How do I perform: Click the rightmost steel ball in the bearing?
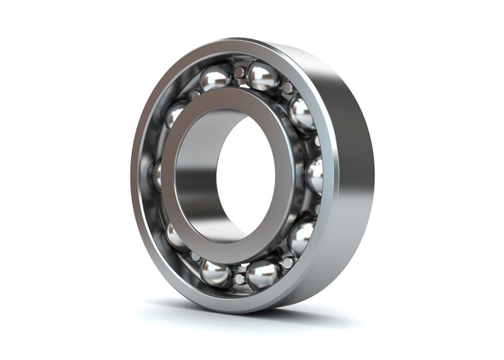pos(314,176)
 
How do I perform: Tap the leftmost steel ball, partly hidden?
pos(157,176)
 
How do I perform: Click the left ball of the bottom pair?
pos(216,272)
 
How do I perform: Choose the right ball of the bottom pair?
pos(263,274)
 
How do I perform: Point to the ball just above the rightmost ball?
pos(302,115)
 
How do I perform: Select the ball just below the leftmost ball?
pos(175,235)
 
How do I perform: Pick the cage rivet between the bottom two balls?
pos(239,278)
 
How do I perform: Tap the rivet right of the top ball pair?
pos(288,87)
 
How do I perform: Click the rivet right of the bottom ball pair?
pos(288,263)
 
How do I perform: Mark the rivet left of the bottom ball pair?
pos(195,257)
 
